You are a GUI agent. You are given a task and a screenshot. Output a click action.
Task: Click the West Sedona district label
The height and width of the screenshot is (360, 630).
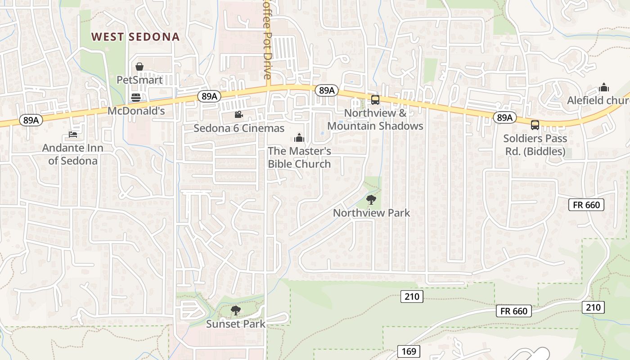coord(135,37)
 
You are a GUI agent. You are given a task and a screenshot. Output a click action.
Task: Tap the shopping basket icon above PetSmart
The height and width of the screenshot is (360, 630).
coord(139,67)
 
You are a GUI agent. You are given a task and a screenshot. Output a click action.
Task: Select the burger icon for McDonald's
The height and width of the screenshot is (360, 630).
coord(135,97)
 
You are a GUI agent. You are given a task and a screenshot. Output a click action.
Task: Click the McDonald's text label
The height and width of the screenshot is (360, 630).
coord(136,111)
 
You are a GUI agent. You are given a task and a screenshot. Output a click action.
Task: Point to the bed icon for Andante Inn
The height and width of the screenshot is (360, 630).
coord(72,134)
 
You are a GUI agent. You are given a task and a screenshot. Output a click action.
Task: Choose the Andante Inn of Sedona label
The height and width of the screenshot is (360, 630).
coord(72,154)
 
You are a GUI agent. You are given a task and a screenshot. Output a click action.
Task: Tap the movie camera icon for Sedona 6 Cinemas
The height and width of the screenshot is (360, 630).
coord(238,115)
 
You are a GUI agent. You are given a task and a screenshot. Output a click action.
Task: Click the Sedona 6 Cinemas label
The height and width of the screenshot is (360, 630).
coord(239,128)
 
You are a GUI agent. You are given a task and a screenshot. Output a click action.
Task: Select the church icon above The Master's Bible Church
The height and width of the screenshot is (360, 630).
coord(299,138)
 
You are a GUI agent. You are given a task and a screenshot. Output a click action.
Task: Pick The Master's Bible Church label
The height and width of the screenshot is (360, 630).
coord(299,157)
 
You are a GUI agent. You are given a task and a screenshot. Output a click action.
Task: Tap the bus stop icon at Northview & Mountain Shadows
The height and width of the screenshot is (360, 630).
coord(375,100)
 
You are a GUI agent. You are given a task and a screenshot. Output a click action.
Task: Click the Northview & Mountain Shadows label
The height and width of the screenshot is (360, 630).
coord(375,120)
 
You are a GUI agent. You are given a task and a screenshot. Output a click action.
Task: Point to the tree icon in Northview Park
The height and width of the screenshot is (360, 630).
coord(371,199)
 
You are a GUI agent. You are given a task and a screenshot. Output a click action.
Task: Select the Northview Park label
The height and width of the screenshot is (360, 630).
coord(371,212)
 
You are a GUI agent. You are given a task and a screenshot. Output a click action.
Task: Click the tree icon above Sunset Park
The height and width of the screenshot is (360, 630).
coord(235,310)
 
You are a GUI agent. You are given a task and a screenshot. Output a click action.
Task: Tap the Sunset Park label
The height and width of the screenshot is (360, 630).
coord(235,324)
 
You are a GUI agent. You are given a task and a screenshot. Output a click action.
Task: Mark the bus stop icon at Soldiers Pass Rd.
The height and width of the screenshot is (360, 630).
coord(535,125)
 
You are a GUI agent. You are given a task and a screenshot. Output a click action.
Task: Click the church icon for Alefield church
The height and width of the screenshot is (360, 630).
coord(604,87)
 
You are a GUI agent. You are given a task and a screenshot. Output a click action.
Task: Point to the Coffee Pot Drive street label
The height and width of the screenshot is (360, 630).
coord(268,40)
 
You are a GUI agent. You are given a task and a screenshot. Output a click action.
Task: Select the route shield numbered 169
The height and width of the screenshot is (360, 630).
coord(409,351)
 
